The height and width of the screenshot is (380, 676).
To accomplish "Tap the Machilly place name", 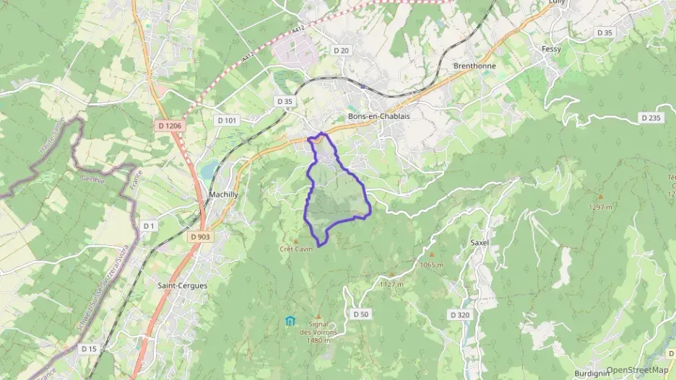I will pyautogui.click(x=223, y=195).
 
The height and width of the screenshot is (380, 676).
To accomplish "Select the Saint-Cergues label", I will pyautogui.click(x=182, y=286).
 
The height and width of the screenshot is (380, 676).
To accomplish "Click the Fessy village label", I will pyautogui.click(x=551, y=49).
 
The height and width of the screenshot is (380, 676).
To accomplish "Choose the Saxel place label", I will pyautogui.click(x=480, y=243).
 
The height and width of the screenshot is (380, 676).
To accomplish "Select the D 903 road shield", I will pyautogui.click(x=201, y=237).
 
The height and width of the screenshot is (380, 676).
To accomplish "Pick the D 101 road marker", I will pyautogui.click(x=226, y=120).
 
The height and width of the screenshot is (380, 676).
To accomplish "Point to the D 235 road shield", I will pyautogui.click(x=650, y=118).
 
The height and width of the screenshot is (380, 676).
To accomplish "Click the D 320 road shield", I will pyautogui.click(x=459, y=315).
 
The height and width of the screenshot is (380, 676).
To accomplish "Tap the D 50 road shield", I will pyautogui.click(x=361, y=314).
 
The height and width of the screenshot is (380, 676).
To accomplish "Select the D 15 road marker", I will pyautogui.click(x=89, y=349).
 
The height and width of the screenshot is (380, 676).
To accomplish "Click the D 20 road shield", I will pyautogui.click(x=341, y=50).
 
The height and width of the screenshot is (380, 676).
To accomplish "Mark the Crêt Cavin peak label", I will pyautogui.click(x=296, y=249).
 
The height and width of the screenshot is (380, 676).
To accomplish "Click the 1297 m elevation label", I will pyautogui.click(x=600, y=207).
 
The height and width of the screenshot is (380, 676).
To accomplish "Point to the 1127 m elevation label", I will pyautogui.click(x=391, y=284).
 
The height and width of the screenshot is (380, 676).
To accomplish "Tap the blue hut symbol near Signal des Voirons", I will pyautogui.click(x=290, y=321).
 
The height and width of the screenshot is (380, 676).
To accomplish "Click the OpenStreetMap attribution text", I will pyautogui.click(x=638, y=371).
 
